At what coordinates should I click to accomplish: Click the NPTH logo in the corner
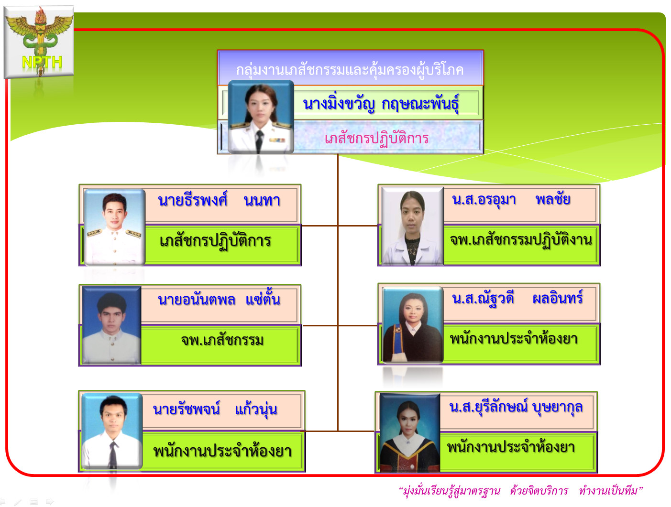click(39, 42)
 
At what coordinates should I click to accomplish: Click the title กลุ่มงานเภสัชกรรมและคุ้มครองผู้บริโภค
click(350, 70)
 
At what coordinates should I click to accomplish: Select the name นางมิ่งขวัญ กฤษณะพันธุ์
click(381, 103)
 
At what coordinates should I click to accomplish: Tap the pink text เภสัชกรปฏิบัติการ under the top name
click(376, 139)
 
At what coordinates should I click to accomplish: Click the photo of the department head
click(261, 117)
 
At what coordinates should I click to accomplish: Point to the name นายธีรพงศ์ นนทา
click(219, 200)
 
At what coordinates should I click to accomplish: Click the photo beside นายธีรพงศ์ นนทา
click(114, 227)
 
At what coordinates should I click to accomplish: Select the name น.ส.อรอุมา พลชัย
click(511, 199)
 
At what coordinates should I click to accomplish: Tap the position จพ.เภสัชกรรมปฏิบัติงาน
click(521, 240)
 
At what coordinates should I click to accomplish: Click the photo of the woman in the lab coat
click(412, 226)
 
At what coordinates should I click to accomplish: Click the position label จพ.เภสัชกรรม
click(222, 340)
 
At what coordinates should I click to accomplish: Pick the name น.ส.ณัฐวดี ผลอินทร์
click(517, 298)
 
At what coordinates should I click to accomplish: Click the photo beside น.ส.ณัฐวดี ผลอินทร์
click(413, 325)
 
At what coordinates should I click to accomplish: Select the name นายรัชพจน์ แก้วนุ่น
click(215, 409)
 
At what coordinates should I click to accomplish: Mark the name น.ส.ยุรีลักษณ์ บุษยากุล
click(516, 408)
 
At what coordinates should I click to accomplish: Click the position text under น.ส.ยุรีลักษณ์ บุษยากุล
click(511, 447)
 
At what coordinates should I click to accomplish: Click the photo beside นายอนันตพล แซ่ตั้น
click(111, 325)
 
